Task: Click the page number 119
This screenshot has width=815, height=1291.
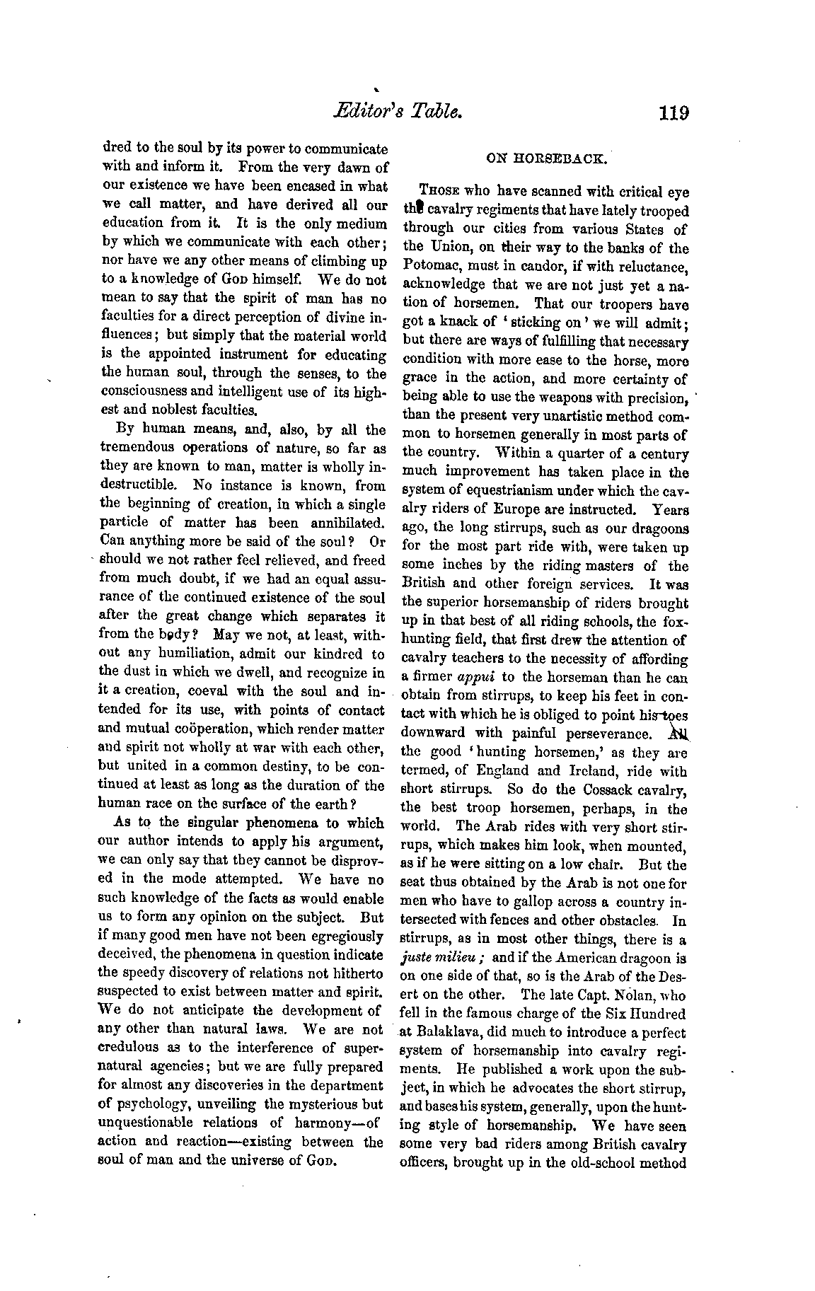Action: coord(673,112)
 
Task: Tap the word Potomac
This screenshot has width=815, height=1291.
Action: coord(432,267)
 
